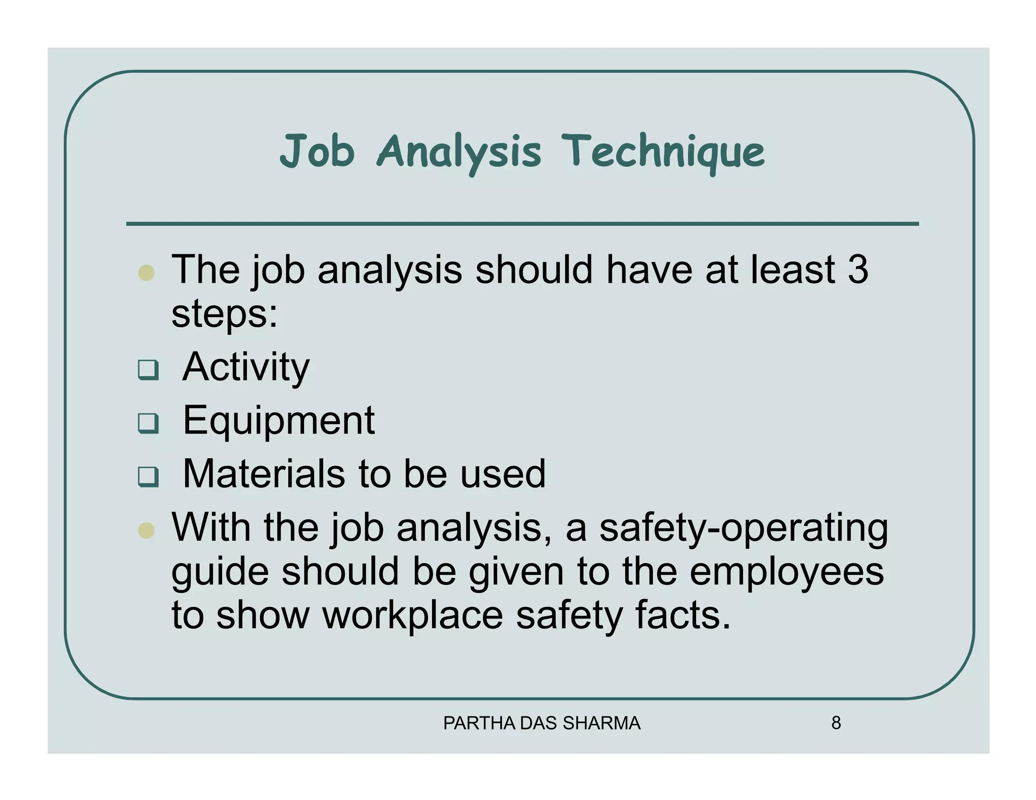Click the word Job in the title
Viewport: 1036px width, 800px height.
(x=317, y=151)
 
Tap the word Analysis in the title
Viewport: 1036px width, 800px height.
(x=459, y=152)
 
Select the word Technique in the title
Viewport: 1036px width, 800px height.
(x=663, y=152)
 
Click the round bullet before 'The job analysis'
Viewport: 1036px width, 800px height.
(x=146, y=273)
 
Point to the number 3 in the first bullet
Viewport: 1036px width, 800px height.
(x=858, y=270)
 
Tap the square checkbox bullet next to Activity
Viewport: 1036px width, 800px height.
(x=148, y=370)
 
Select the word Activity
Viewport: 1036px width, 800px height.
(x=246, y=368)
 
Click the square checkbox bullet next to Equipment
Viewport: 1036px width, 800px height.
(x=148, y=423)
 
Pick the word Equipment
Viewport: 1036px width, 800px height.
(x=279, y=421)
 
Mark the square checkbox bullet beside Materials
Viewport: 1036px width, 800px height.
(x=148, y=477)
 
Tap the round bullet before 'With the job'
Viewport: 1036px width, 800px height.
(x=146, y=530)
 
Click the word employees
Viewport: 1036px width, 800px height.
(x=787, y=572)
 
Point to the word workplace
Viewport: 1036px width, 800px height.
(x=413, y=615)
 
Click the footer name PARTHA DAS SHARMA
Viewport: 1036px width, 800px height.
(x=542, y=724)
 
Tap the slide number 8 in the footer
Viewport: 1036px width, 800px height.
(x=836, y=723)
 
